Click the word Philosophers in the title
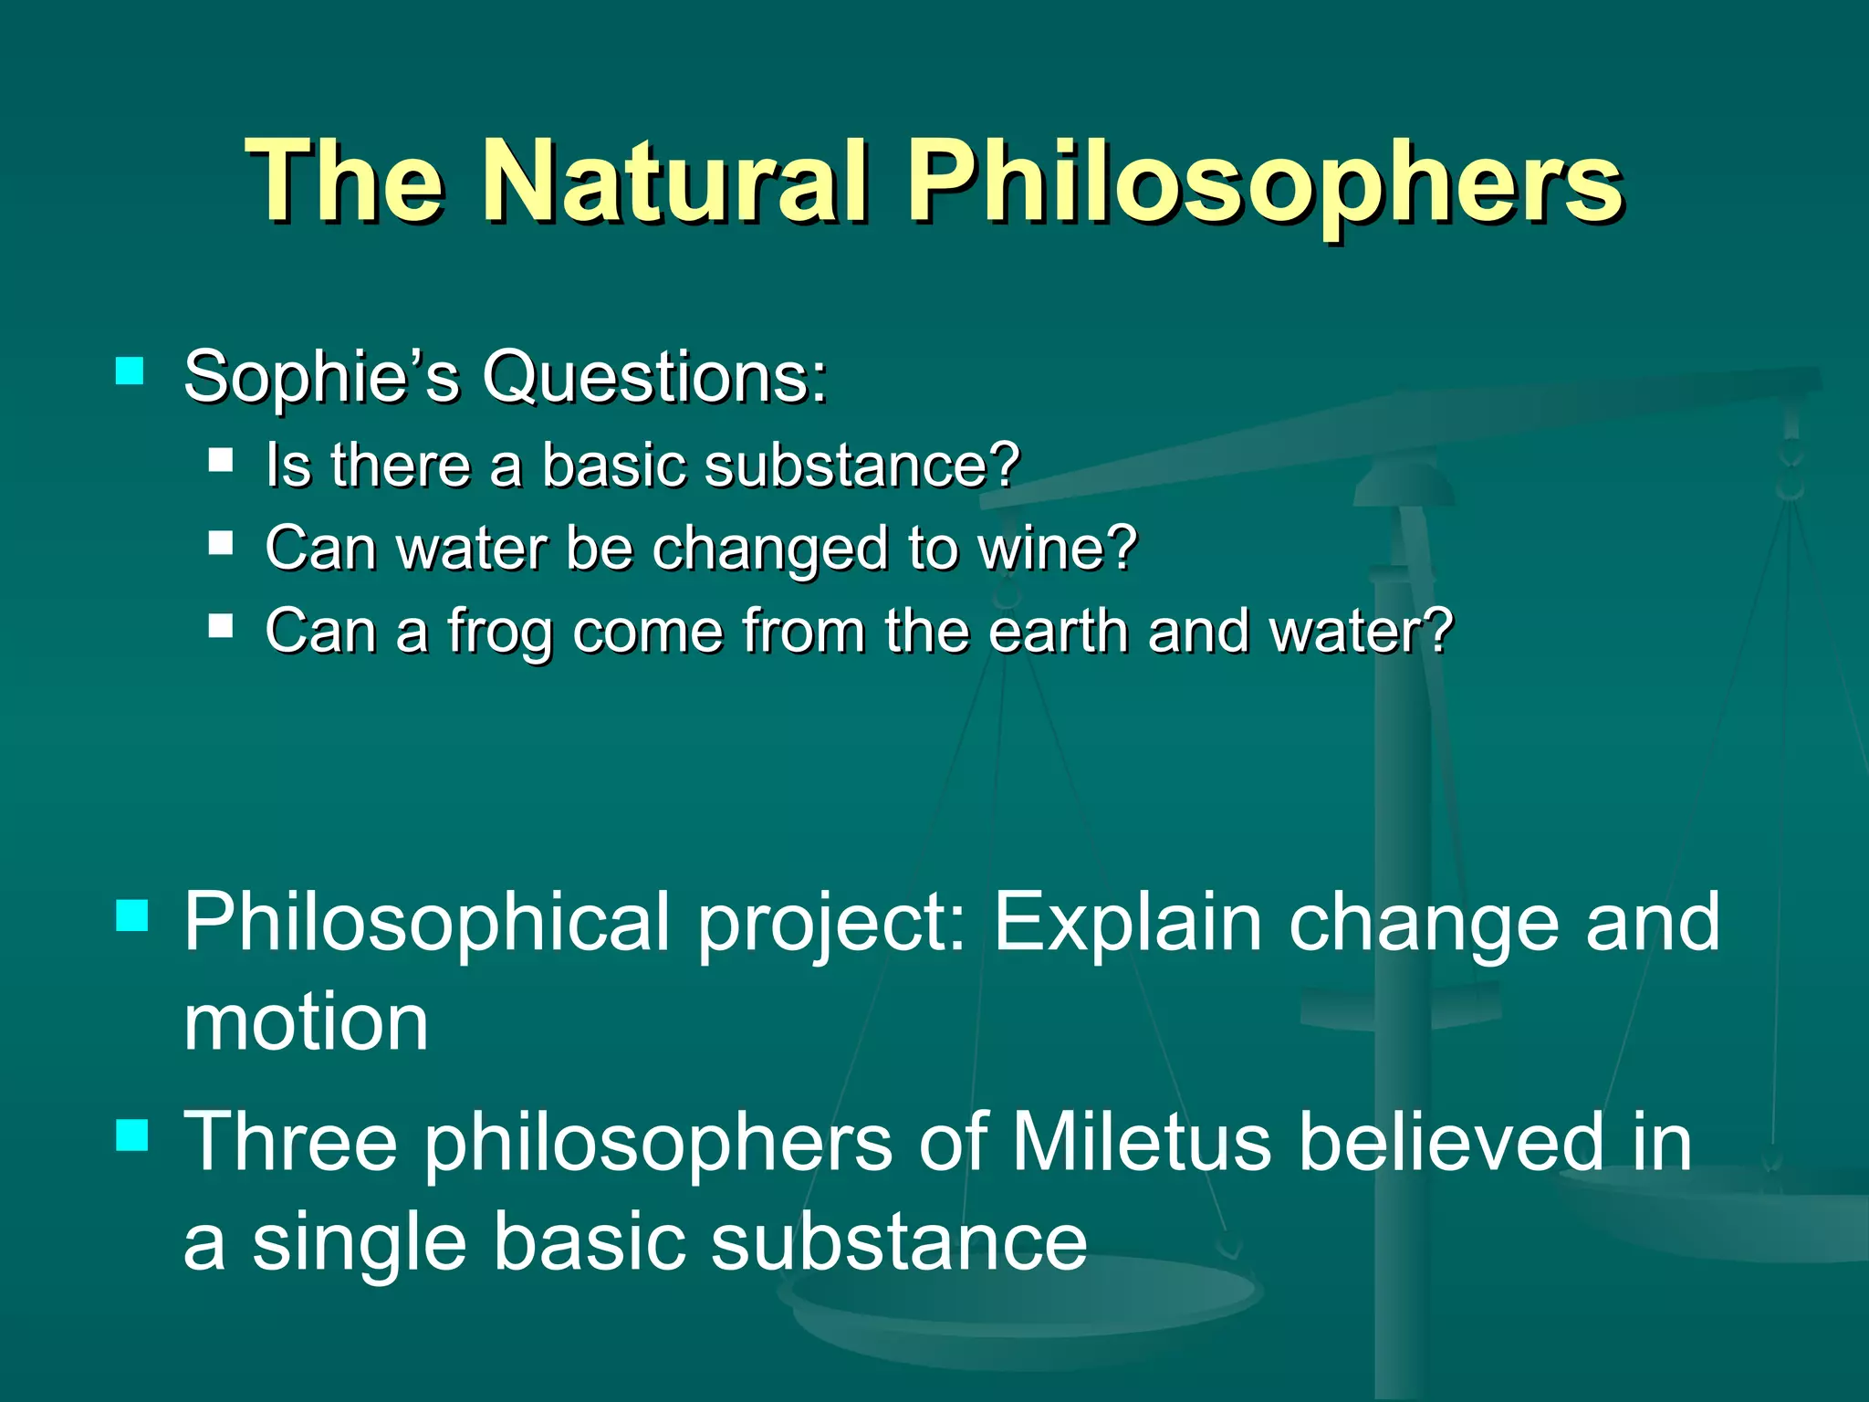click(1265, 183)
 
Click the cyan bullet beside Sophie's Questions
click(131, 371)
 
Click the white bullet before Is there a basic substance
click(221, 458)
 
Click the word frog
click(498, 632)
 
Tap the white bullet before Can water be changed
click(221, 543)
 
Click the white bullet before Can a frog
click(221, 626)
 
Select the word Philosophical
click(427, 924)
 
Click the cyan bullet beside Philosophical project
click(133, 915)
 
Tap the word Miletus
click(1141, 1143)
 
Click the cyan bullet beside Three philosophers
click(133, 1135)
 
